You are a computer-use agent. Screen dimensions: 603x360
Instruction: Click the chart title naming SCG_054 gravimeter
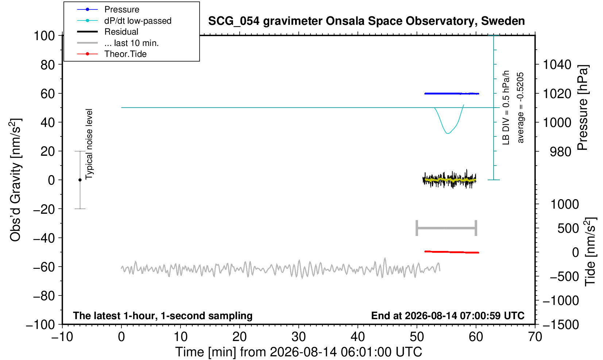tap(366, 21)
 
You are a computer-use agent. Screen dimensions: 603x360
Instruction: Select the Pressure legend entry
tap(122, 9)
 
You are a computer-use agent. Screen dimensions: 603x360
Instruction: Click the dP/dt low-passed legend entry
tap(138, 21)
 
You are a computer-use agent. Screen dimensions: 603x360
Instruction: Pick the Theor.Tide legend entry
tap(125, 54)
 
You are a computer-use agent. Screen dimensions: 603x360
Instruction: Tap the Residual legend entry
tap(121, 32)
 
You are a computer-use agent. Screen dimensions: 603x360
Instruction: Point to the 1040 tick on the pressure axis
tap(557, 65)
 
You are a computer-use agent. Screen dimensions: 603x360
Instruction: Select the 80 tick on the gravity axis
tap(48, 65)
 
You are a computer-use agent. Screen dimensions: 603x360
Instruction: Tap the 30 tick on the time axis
tap(298, 337)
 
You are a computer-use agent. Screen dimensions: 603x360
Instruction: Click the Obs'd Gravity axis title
tap(15, 180)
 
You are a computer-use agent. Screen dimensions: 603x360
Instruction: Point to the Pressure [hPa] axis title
tap(583, 108)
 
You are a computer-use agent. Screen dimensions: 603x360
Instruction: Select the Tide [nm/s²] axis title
tap(591, 252)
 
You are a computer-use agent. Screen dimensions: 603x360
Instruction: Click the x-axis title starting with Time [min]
tap(298, 352)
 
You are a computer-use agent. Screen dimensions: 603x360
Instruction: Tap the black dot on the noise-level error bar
tap(80, 180)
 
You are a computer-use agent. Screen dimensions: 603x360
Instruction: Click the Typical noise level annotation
tap(89, 144)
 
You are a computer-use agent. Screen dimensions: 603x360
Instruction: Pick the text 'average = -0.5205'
tap(520, 108)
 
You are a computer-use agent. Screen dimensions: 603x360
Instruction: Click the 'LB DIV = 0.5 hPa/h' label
tap(506, 108)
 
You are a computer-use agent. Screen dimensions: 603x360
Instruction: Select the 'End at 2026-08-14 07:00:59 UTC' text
tap(448, 316)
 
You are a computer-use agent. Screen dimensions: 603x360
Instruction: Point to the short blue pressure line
tap(452, 94)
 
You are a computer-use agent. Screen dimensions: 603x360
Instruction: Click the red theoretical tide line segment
tap(452, 252)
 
